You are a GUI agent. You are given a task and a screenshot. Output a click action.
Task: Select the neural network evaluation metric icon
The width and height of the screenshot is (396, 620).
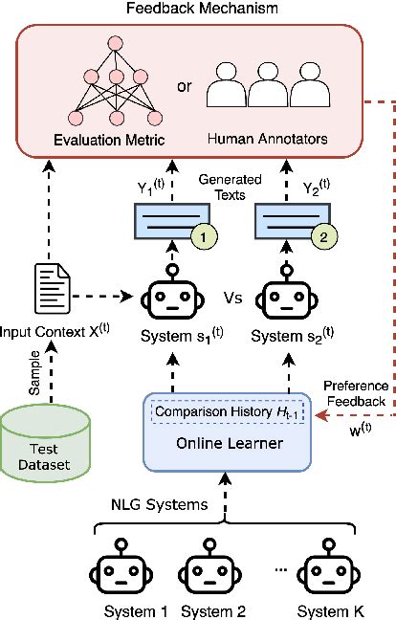pos(116,90)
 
